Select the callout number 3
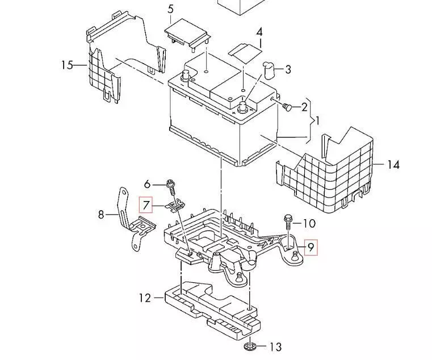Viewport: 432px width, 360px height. click(x=288, y=70)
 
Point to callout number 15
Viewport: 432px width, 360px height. click(x=68, y=65)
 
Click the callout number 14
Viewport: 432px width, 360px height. click(x=393, y=165)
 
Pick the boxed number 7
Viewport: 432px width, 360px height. click(x=146, y=204)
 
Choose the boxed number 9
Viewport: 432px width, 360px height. click(x=310, y=248)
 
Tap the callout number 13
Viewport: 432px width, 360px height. click(x=275, y=346)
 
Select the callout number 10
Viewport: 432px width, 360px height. click(x=309, y=223)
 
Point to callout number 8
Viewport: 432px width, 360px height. click(x=101, y=215)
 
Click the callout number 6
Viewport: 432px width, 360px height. click(x=147, y=184)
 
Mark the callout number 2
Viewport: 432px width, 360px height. click(x=304, y=107)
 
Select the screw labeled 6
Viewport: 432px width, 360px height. click(x=170, y=185)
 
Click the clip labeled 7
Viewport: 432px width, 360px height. click(x=176, y=204)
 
